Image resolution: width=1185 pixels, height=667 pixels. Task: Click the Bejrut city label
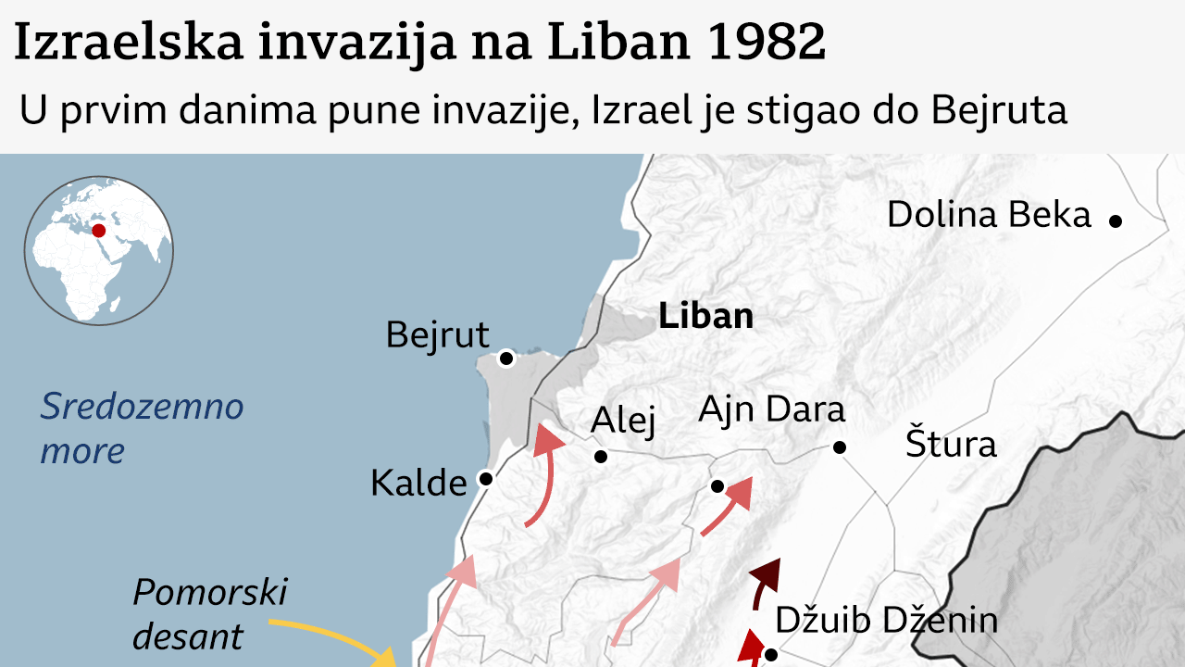click(x=437, y=335)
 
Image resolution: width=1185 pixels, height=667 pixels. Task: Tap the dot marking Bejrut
click(x=506, y=359)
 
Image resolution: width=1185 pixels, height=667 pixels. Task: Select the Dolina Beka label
click(x=989, y=215)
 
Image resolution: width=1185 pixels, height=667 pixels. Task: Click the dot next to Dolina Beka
click(x=1116, y=220)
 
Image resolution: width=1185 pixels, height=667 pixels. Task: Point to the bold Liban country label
click(x=705, y=317)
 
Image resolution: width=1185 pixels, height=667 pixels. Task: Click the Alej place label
click(x=623, y=422)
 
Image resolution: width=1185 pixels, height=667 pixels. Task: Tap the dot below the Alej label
click(x=601, y=456)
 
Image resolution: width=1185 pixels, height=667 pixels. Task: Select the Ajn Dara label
click(x=771, y=409)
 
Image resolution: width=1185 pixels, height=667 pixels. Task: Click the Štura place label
click(x=951, y=445)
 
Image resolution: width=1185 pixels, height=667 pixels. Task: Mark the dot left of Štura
click(x=840, y=447)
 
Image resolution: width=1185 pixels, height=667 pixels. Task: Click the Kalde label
click(x=418, y=483)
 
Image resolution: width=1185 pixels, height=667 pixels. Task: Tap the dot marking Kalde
click(x=484, y=479)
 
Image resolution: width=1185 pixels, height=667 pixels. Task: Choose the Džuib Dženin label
click(x=886, y=620)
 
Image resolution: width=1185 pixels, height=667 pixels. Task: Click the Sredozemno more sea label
click(x=141, y=428)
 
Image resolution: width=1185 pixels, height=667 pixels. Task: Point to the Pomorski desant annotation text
click(x=209, y=613)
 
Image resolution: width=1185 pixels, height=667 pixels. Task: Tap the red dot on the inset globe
click(x=98, y=231)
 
